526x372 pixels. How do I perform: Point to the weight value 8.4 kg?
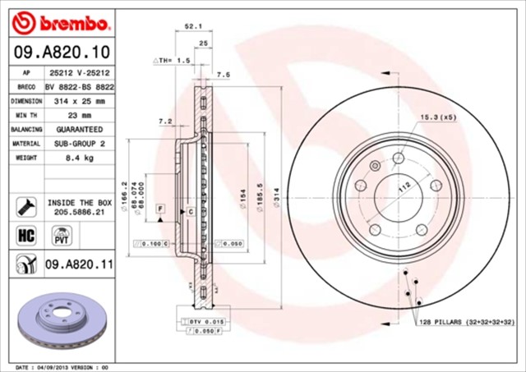pyautogui.click(x=80, y=157)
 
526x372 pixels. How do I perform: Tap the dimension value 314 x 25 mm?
pyautogui.click(x=80, y=101)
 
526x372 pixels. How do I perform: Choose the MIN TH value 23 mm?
pyautogui.click(x=80, y=116)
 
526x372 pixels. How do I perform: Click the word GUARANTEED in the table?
pyautogui.click(x=80, y=130)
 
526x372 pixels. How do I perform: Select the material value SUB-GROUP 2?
pyautogui.click(x=80, y=143)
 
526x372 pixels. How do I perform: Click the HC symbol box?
pyautogui.click(x=25, y=237)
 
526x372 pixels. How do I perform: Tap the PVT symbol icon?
pyautogui.click(x=60, y=237)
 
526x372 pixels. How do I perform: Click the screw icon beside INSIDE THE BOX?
pyautogui.click(x=24, y=205)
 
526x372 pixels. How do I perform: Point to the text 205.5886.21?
pyautogui.click(x=80, y=211)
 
